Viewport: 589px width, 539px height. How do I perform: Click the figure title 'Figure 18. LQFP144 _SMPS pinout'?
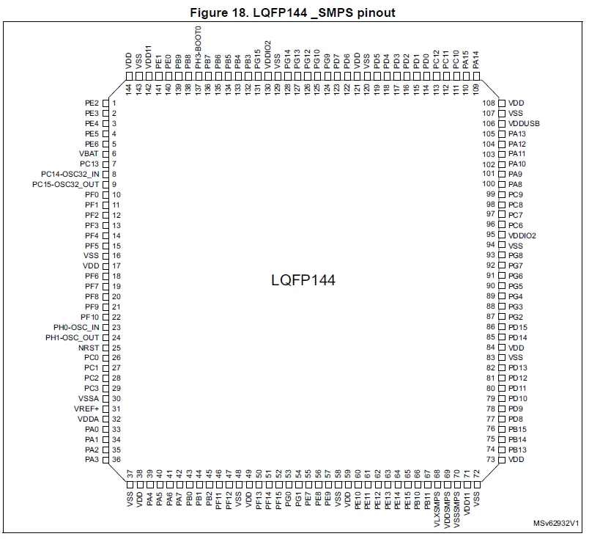(x=292, y=12)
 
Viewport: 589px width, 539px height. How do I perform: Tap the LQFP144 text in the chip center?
(x=303, y=280)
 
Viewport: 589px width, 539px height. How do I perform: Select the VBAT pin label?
(x=89, y=154)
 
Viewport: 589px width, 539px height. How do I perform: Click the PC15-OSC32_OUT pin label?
(x=66, y=185)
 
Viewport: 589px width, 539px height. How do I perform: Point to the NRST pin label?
(x=89, y=348)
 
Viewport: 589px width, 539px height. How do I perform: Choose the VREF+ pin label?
(x=86, y=409)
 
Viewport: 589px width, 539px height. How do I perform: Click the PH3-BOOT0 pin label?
(x=199, y=48)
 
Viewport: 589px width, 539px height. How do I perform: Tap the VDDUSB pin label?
(x=524, y=123)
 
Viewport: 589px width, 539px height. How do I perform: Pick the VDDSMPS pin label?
(x=447, y=510)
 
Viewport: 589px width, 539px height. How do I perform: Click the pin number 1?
(x=114, y=103)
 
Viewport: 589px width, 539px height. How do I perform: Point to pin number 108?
(x=489, y=103)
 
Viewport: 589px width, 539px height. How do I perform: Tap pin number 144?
(x=129, y=89)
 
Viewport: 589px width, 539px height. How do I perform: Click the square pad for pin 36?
(x=105, y=460)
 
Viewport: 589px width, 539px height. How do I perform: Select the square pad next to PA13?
(x=502, y=134)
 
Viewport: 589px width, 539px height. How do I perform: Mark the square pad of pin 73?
(x=502, y=460)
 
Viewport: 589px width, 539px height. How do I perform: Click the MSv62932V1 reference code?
(x=556, y=523)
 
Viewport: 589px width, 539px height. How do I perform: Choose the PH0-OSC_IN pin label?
(x=76, y=328)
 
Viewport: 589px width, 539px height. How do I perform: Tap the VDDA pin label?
(x=88, y=419)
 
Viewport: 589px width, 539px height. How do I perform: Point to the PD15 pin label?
(x=518, y=327)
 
